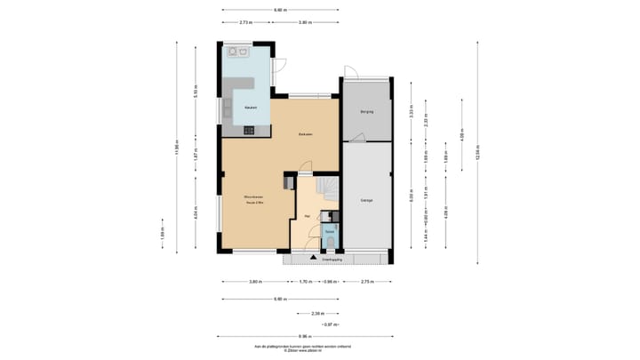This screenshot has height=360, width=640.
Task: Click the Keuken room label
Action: click(x=239, y=109)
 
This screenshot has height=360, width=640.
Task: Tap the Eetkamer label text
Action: click(x=305, y=135)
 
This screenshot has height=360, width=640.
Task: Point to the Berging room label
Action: click(x=366, y=113)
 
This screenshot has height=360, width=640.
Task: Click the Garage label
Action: click(x=366, y=201)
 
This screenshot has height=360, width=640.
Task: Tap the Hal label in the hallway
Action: click(x=307, y=215)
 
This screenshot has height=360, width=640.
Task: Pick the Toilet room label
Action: click(x=329, y=231)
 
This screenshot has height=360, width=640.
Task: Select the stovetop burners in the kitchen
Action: click(x=248, y=130)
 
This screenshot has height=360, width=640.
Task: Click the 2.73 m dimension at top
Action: click(x=246, y=21)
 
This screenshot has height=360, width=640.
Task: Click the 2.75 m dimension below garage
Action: click(x=367, y=282)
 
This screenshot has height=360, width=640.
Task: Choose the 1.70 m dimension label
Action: click(x=304, y=282)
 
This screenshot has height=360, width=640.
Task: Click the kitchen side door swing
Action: click(x=279, y=66)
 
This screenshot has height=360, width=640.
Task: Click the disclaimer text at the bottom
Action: click(x=302, y=348)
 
